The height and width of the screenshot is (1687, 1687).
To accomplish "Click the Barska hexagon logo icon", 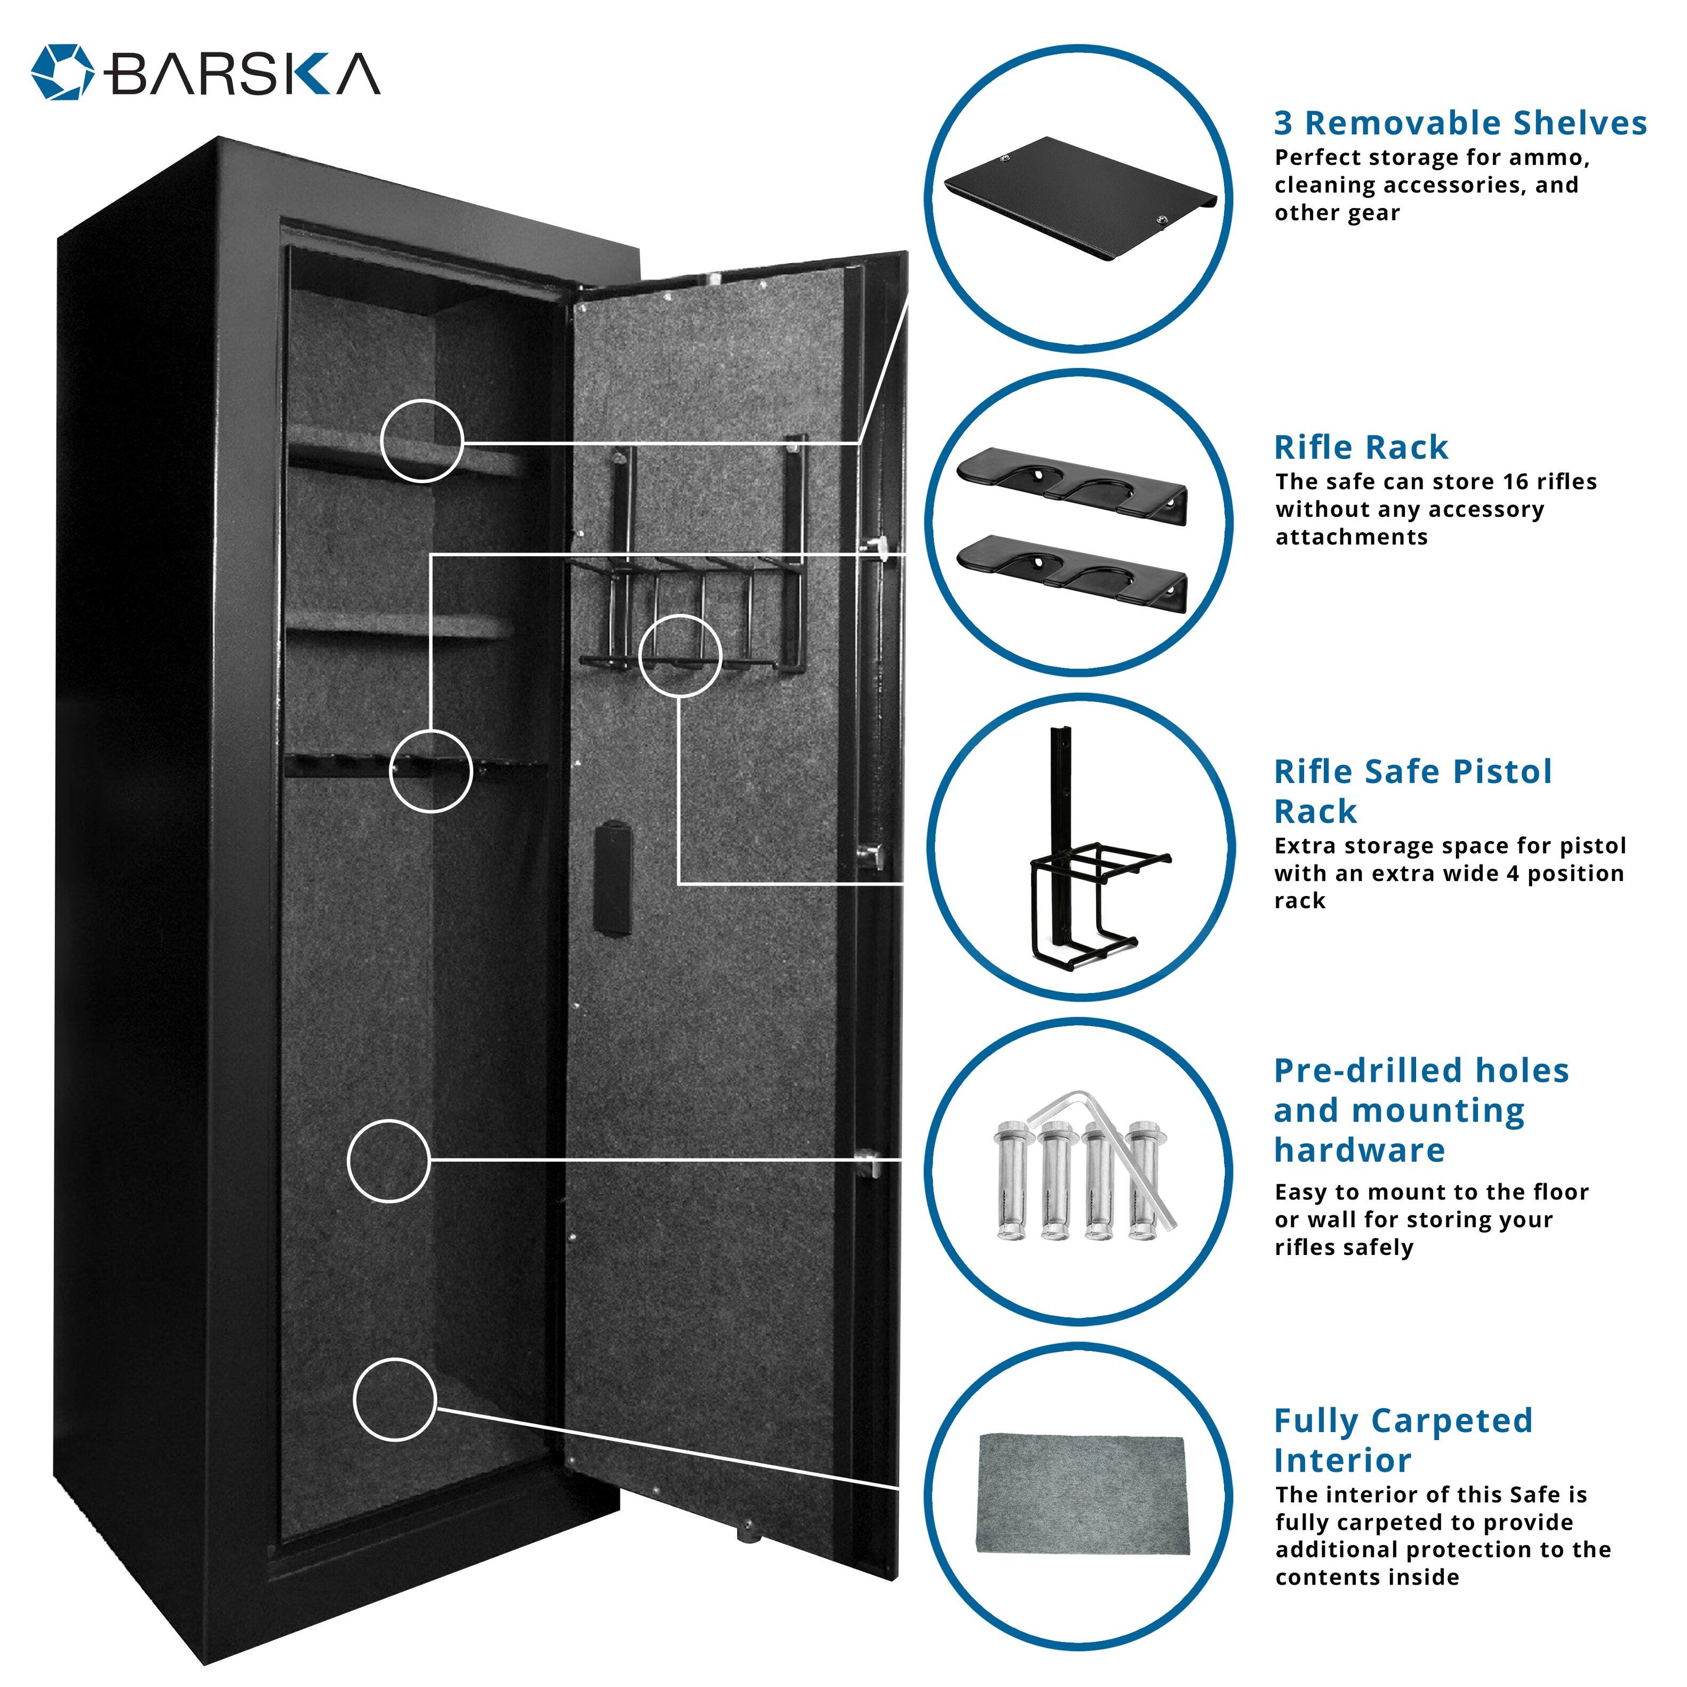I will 62,71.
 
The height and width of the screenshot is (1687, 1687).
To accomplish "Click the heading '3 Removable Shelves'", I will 1460,123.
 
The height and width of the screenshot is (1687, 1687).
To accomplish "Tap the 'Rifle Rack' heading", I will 1361,447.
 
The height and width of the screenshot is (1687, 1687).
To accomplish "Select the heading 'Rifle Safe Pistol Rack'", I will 1412,791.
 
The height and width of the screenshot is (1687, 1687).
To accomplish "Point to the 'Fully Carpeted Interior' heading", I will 1402,1440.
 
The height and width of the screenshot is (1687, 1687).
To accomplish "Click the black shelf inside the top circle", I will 1080,197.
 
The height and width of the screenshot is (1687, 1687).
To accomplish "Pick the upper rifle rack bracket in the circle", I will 1072,485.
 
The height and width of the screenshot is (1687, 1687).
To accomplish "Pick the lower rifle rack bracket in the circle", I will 1072,572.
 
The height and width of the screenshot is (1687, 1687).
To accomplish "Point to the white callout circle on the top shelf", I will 422,441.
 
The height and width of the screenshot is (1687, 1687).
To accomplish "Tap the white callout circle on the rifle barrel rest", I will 430,771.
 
